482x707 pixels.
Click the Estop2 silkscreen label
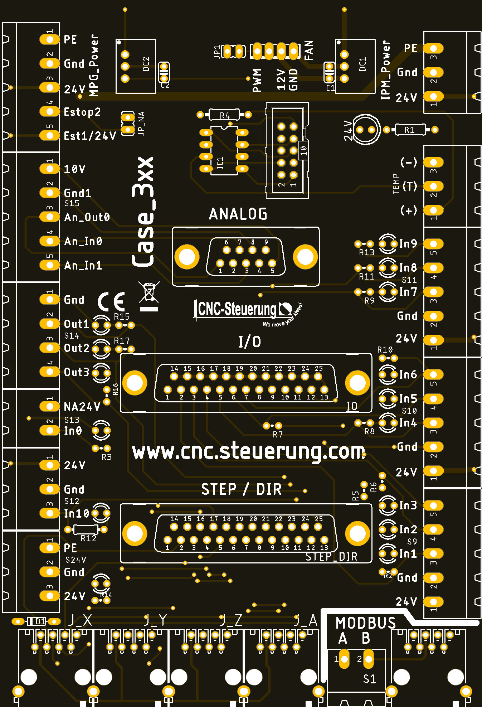(82, 112)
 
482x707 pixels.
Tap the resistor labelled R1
(410, 130)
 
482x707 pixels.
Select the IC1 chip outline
(224, 151)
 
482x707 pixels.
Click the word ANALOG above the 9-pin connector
(238, 214)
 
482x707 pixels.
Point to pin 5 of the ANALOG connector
(272, 263)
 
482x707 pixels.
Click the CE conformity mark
(111, 301)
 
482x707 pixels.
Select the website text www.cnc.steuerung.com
(248, 452)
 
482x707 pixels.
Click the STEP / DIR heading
(241, 489)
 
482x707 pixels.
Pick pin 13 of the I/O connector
(324, 389)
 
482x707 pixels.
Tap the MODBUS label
(366, 623)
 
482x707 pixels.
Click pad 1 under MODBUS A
(344, 659)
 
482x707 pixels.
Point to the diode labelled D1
(36, 621)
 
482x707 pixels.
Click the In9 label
(408, 244)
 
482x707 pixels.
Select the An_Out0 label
(87, 217)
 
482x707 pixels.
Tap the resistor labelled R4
(224, 115)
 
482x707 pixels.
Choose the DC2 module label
(146, 64)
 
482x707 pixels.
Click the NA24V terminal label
(82, 407)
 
